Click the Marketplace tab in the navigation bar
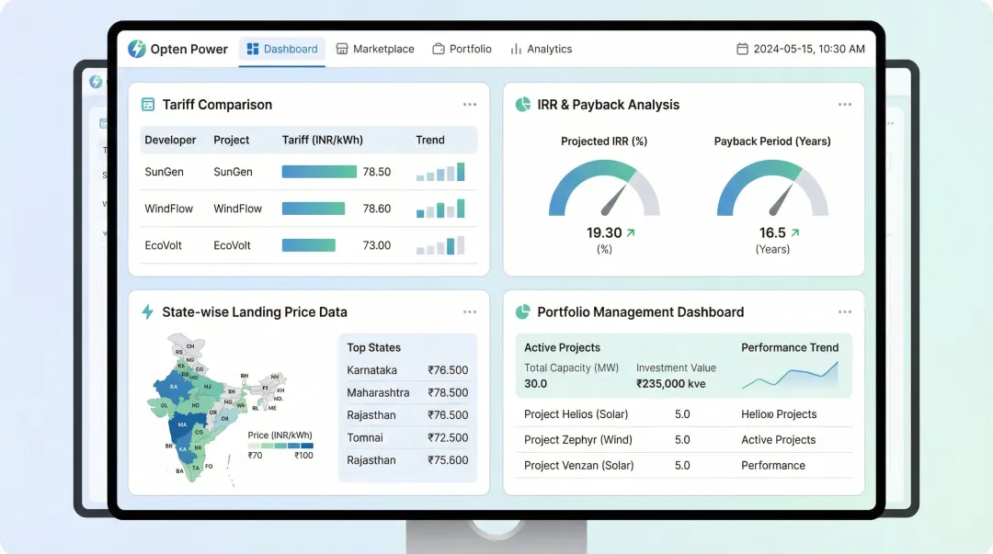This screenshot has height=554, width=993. click(x=375, y=49)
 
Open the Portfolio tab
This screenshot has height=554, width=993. click(x=462, y=49)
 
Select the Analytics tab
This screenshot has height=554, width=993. click(x=542, y=49)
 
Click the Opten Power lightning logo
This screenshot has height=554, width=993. click(x=137, y=49)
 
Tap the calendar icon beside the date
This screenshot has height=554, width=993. click(x=743, y=49)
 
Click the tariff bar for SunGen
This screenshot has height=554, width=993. click(x=319, y=172)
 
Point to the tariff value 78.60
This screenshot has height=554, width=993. click(x=377, y=209)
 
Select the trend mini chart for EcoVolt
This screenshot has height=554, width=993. click(x=440, y=245)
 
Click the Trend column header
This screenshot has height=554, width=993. click(x=430, y=140)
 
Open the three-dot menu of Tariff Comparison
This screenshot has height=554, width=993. click(x=470, y=105)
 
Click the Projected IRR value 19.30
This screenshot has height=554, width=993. click(x=604, y=232)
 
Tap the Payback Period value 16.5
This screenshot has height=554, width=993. click(x=772, y=232)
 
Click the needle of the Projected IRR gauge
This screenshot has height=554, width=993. click(x=613, y=198)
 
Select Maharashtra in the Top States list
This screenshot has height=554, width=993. click(x=378, y=392)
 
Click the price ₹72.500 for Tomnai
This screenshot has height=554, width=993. click(x=448, y=437)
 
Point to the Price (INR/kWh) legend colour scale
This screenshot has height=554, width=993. click(x=280, y=446)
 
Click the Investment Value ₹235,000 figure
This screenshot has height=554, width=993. click(x=671, y=383)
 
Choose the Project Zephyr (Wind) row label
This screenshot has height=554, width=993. click(x=578, y=440)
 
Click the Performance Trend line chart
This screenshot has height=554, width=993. click(x=790, y=375)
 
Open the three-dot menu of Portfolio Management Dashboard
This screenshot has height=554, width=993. click(x=845, y=312)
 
